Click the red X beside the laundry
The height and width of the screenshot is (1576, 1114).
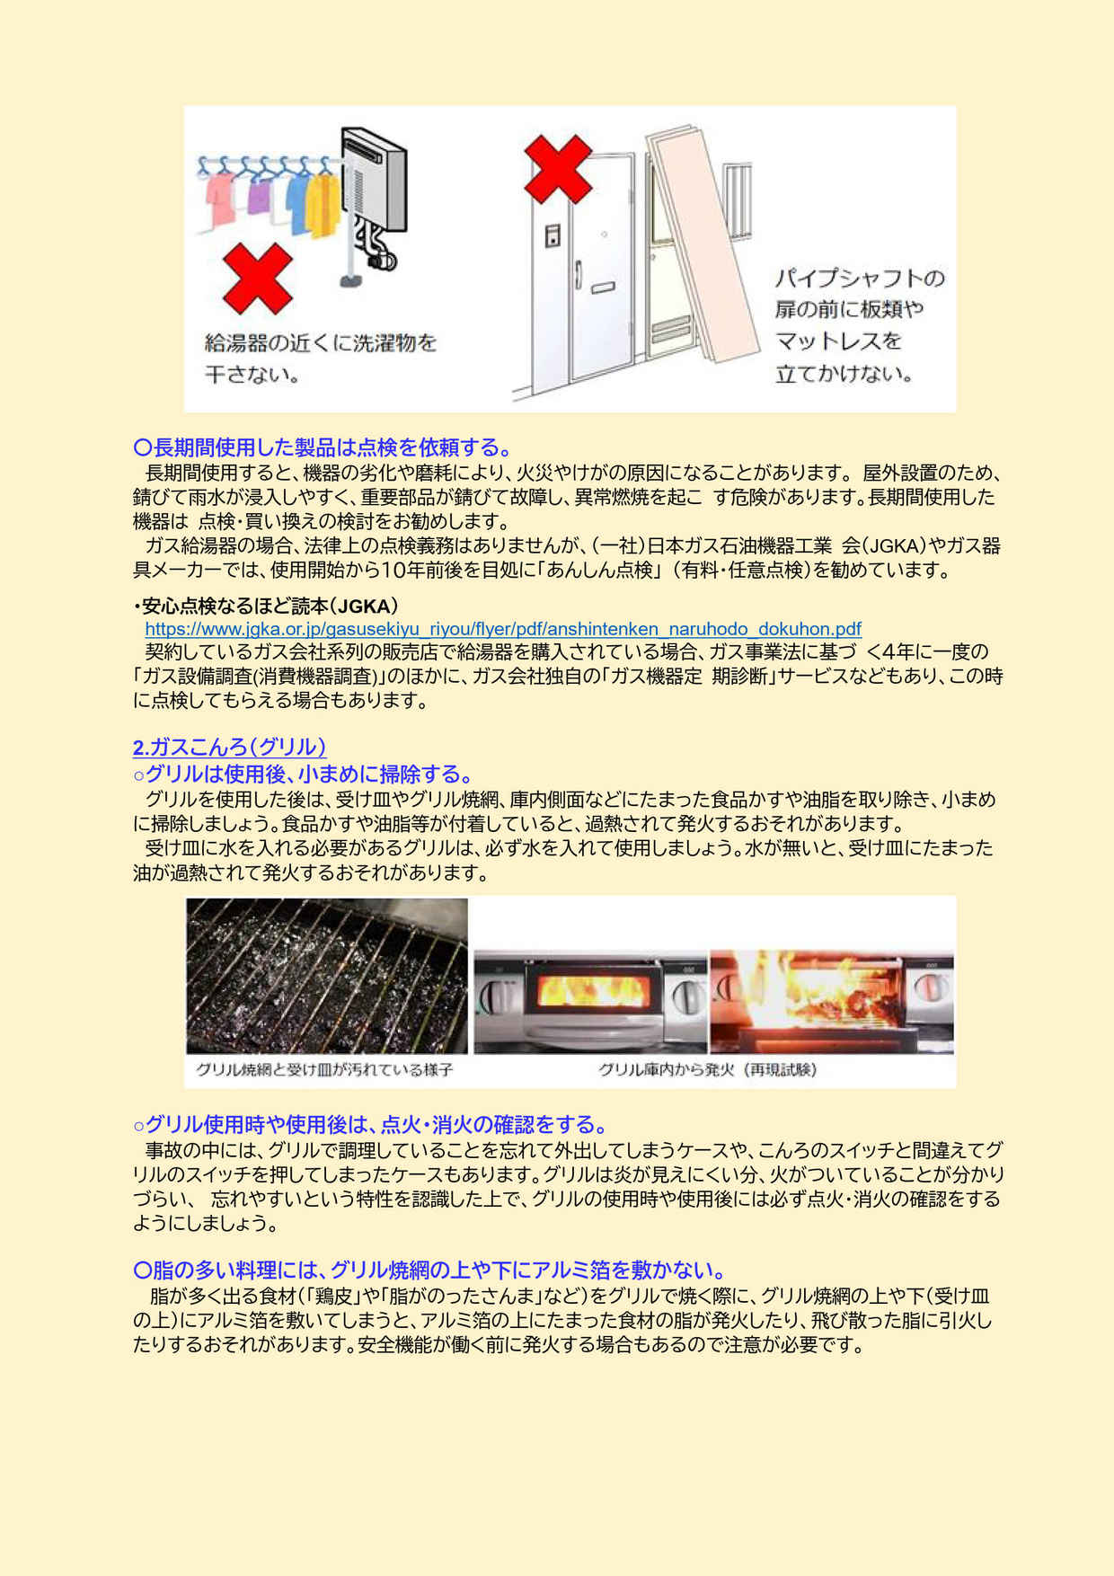pos(257,279)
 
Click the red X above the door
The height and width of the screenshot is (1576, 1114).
pos(558,169)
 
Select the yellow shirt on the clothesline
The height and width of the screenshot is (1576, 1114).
pos(323,204)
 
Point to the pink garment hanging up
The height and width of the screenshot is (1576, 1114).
pos(219,199)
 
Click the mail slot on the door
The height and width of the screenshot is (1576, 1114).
pos(602,288)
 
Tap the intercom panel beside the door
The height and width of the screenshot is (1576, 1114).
pos(553,235)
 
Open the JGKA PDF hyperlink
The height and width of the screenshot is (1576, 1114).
pos(503,629)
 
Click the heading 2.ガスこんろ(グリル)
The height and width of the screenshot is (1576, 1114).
pos(229,747)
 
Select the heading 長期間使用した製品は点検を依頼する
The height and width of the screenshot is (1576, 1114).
pos(323,447)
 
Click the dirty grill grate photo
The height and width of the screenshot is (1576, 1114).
pos(327,976)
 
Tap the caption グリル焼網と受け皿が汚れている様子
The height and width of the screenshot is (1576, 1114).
pos(324,1069)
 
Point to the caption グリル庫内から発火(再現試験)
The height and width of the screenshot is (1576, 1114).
pos(708,1069)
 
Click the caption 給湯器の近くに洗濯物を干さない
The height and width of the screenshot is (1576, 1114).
pos(321,358)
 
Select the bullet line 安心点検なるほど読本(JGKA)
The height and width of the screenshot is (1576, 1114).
pos(266,606)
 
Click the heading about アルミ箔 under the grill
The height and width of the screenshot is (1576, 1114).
pos(429,1270)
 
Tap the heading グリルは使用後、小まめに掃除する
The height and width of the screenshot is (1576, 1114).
pos(303,774)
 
